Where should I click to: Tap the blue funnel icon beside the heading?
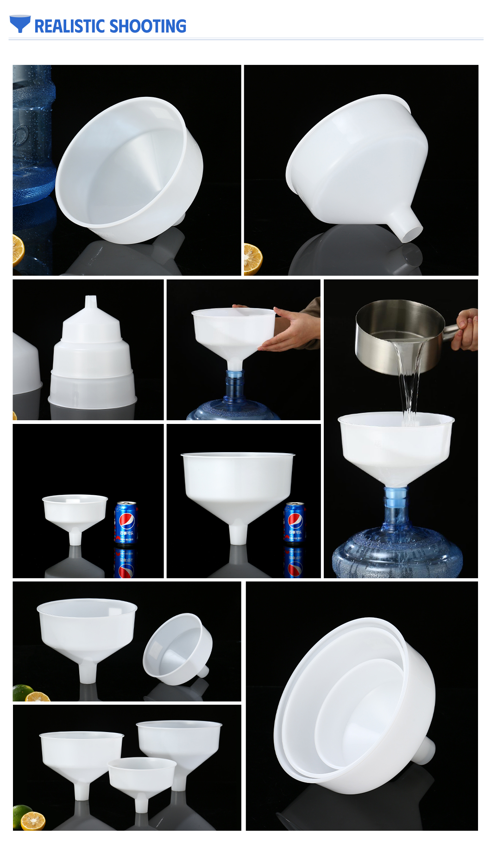point(20,23)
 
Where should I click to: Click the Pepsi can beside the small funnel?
point(126,523)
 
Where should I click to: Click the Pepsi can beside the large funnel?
point(294,522)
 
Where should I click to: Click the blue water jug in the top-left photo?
point(32,139)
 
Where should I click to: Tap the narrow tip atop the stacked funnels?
point(91,303)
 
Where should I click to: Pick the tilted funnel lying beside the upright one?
point(178,649)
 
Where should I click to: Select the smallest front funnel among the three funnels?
point(142,778)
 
